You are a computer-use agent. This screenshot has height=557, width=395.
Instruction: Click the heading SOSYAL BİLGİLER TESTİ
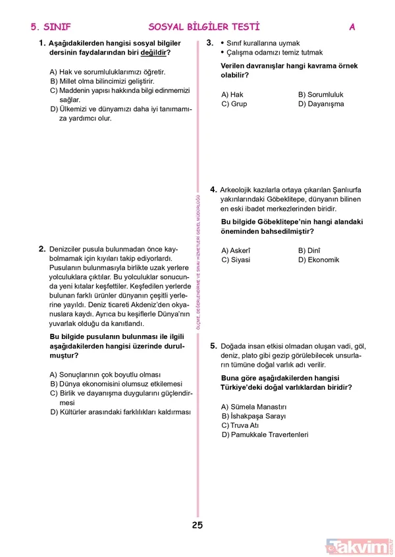pyautogui.click(x=204, y=27)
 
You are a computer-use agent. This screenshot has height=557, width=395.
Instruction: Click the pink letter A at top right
pyautogui.click(x=352, y=27)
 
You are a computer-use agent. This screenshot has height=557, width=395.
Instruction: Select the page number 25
pyautogui.click(x=197, y=525)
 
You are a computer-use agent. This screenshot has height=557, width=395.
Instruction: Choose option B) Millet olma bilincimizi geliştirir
pyautogui.click(x=106, y=81)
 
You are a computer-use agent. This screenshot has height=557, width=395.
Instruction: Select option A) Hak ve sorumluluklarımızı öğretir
pyautogui.click(x=107, y=71)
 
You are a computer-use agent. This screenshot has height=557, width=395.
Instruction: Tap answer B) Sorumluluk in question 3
pyautogui.click(x=321, y=95)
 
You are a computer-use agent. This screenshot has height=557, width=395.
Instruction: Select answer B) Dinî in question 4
pyautogui.click(x=309, y=250)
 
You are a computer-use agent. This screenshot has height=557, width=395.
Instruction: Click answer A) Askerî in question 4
pyautogui.click(x=236, y=250)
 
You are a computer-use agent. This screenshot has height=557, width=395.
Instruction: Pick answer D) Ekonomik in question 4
pyautogui.click(x=319, y=259)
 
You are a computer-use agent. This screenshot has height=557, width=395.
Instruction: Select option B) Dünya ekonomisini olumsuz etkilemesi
pyautogui.click(x=116, y=383)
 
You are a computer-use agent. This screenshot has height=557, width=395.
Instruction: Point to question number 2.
pyautogui.click(x=41, y=249)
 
